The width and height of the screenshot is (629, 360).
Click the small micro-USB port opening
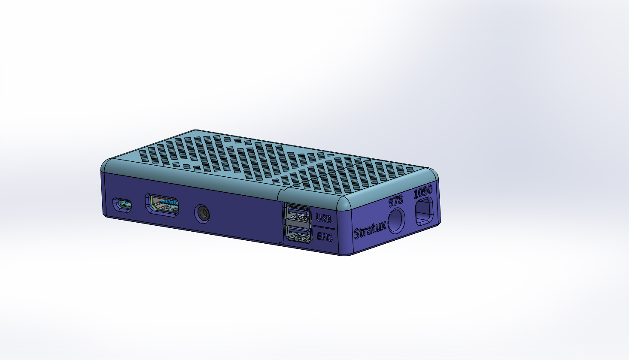[x=122, y=205]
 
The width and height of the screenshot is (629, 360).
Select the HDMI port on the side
[x=162, y=205]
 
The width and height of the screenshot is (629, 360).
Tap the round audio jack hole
[x=202, y=214]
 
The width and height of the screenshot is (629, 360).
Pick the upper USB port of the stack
[x=298, y=214]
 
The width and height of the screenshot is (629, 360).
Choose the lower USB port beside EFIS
[x=298, y=234]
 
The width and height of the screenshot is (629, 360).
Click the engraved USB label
[x=323, y=218]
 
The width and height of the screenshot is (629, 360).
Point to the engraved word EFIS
[x=325, y=236]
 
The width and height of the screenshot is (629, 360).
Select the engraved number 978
[x=396, y=201]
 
